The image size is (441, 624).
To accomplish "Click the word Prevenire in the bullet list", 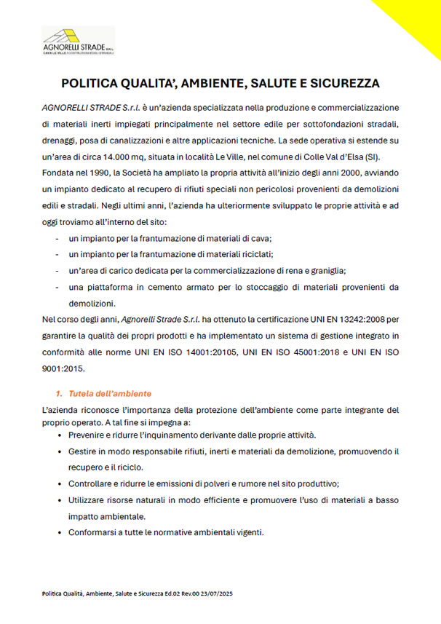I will pos(89,435).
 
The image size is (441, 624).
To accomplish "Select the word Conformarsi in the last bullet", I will pos(95,532).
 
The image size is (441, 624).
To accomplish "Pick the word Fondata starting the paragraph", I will pos(60,175).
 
